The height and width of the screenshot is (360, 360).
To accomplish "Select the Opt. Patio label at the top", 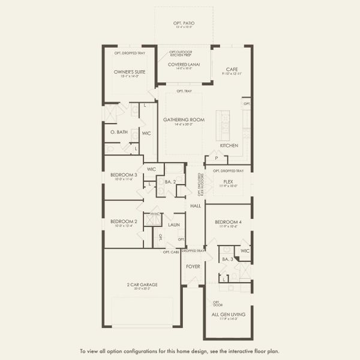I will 185,23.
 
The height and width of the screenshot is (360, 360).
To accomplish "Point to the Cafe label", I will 233,68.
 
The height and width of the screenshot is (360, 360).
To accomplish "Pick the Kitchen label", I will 229,146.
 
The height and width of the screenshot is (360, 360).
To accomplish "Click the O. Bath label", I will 119,132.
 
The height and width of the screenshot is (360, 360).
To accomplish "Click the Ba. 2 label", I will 170,181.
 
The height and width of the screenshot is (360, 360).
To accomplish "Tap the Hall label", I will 196,206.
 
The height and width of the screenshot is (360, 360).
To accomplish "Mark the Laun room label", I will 174,225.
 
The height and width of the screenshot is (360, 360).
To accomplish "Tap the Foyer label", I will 193,266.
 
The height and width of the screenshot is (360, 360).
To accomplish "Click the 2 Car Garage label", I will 143,284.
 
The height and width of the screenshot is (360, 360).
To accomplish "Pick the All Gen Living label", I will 228,314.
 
